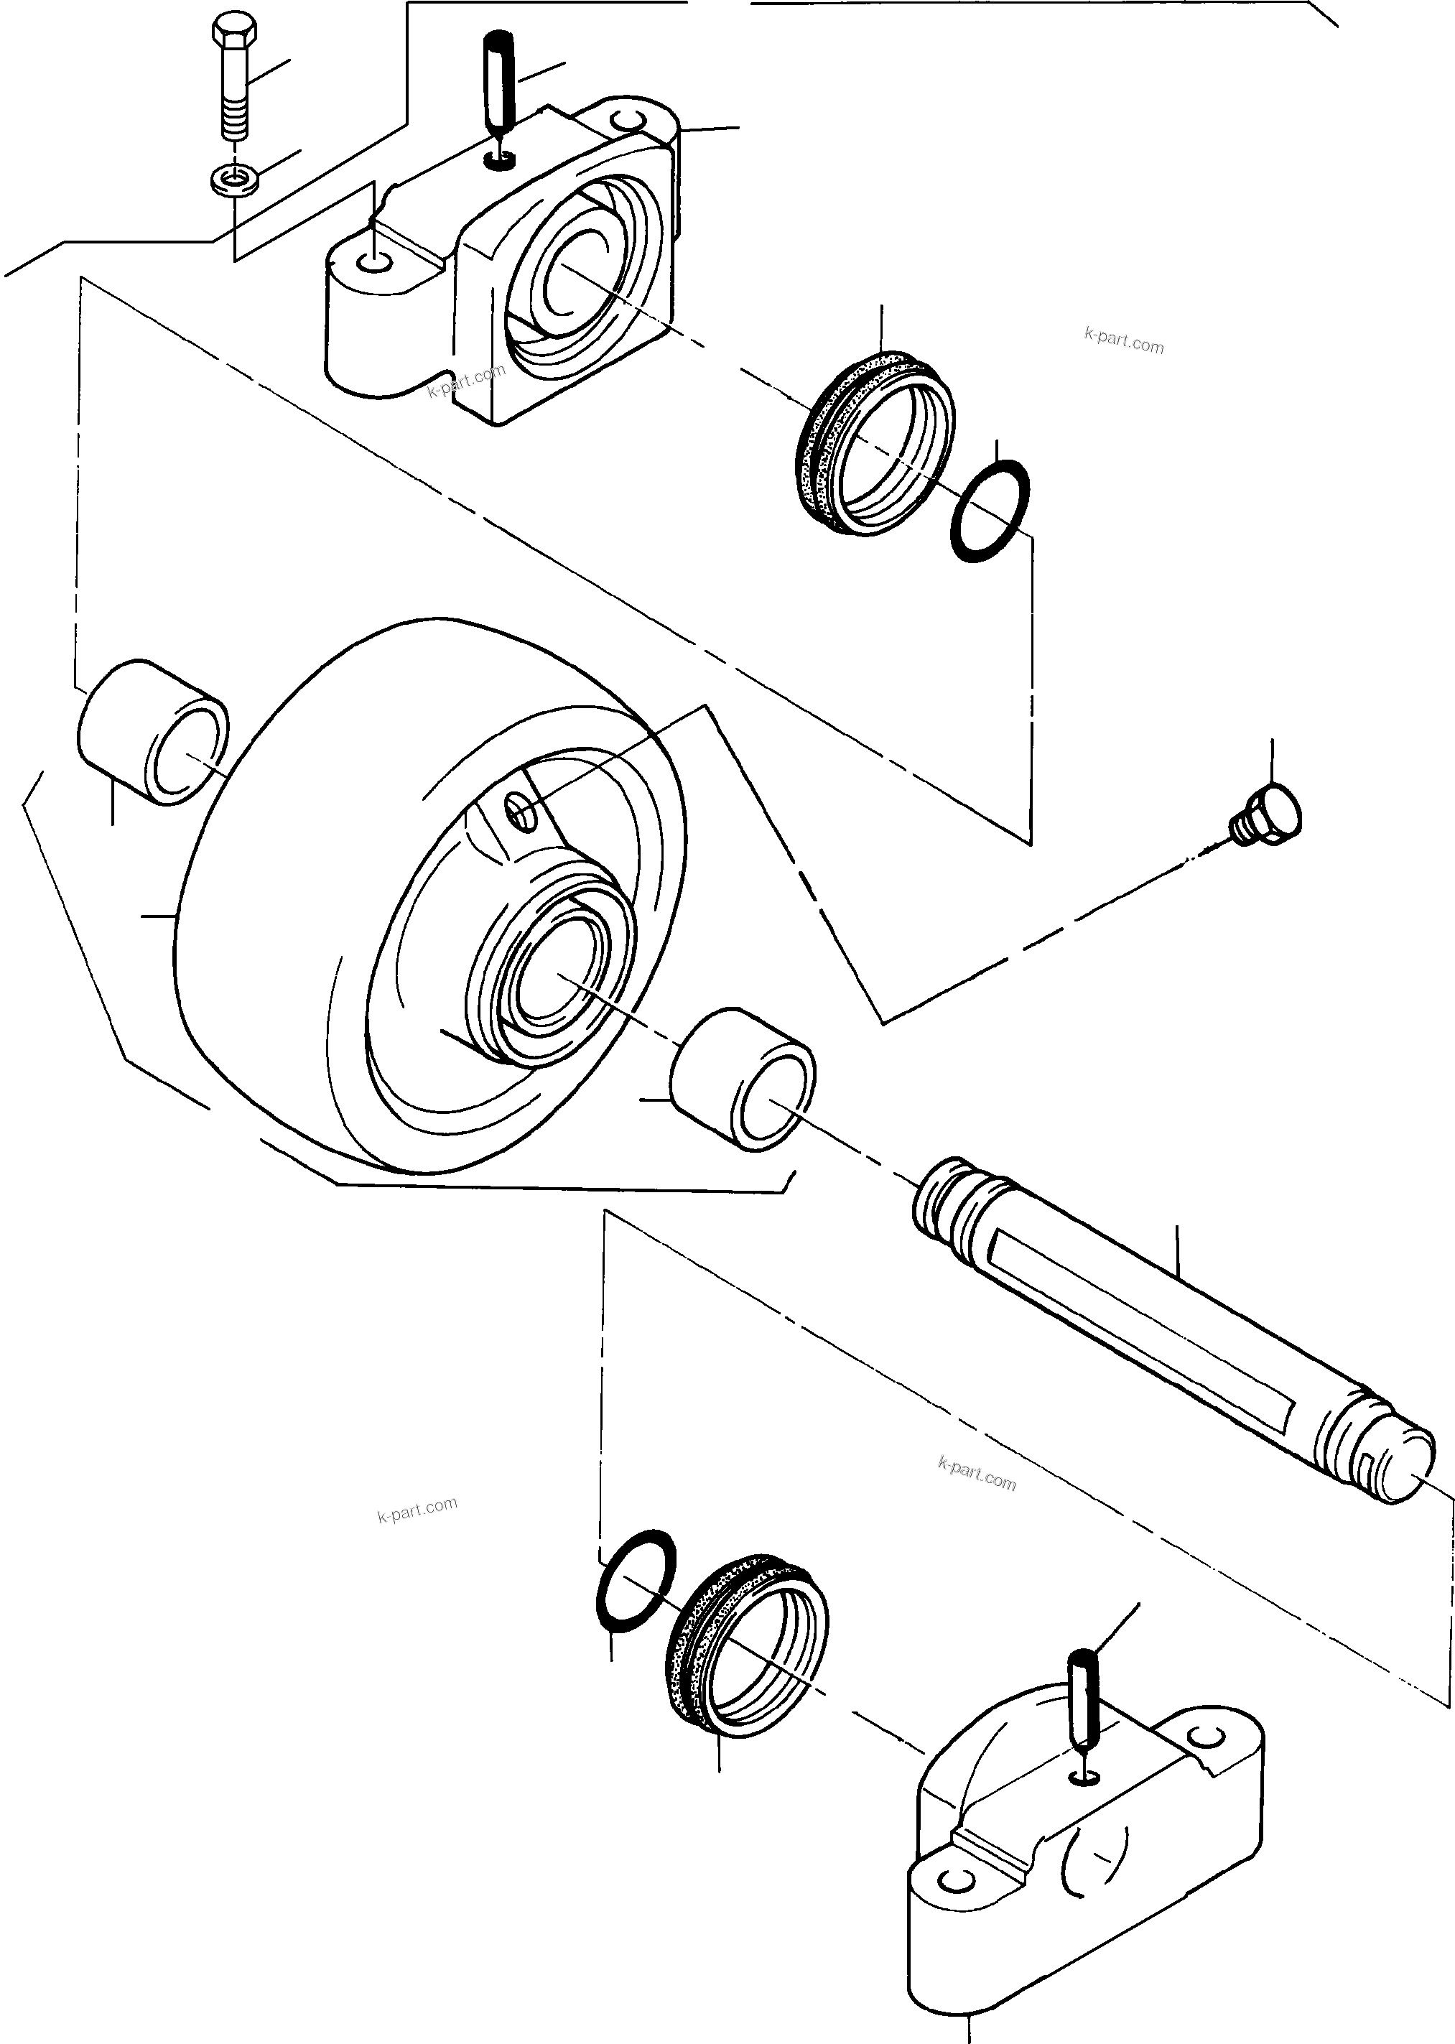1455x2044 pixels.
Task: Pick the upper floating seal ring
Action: pyautogui.click(x=873, y=445)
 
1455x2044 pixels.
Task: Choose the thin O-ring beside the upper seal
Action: pyautogui.click(x=989, y=511)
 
